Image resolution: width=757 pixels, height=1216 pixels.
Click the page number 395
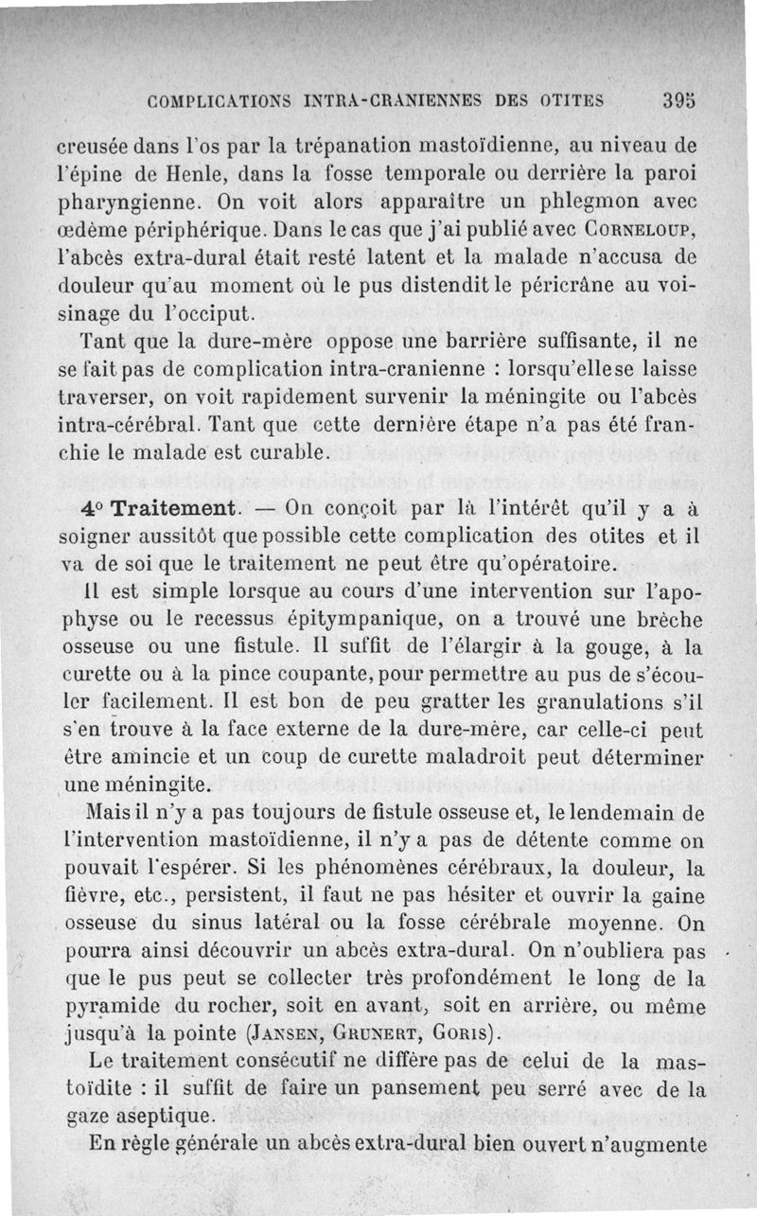[x=682, y=100]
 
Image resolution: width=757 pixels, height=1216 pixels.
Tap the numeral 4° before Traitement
[x=95, y=507]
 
